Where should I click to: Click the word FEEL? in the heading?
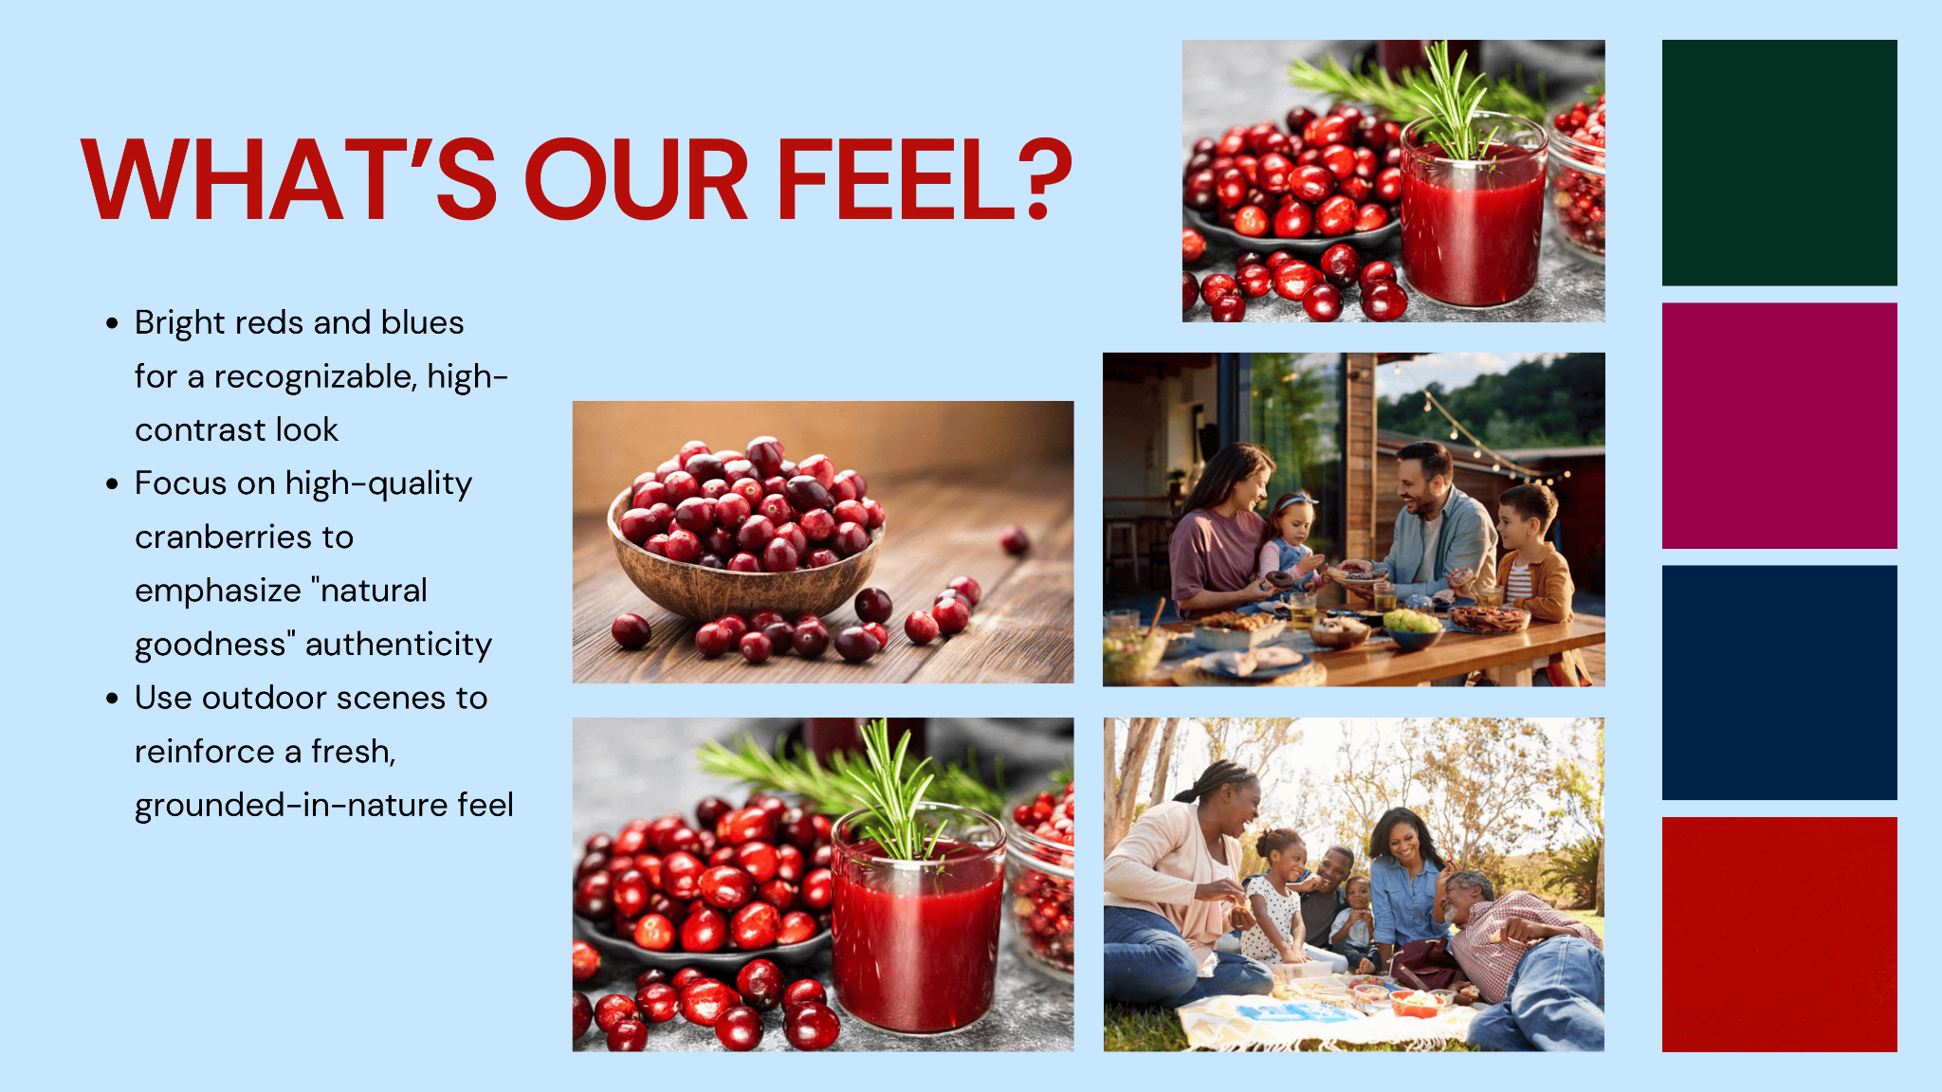pyautogui.click(x=925, y=180)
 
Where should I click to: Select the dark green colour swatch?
pyautogui.click(x=1779, y=162)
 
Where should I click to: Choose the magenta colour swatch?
pyautogui.click(x=1779, y=426)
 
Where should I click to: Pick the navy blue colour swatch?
pyautogui.click(x=1779, y=682)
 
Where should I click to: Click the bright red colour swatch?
pyautogui.click(x=1779, y=935)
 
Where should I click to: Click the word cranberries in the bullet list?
pyautogui.click(x=244, y=537)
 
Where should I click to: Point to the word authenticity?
pyautogui.click(x=399, y=646)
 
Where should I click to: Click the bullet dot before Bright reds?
pyautogui.click(x=113, y=323)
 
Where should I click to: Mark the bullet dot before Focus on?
pyautogui.click(x=113, y=483)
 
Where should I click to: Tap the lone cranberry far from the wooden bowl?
pyautogui.click(x=1015, y=540)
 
